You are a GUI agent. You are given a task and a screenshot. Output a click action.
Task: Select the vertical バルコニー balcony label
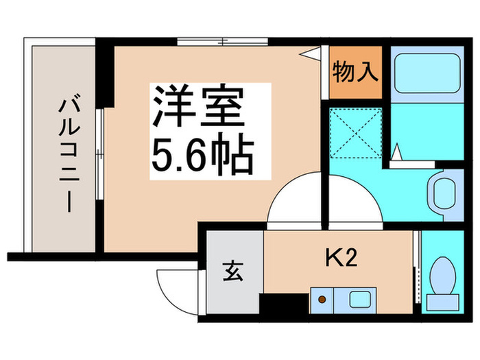point(67,154)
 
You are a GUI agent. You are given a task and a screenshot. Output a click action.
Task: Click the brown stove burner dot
point(321,298)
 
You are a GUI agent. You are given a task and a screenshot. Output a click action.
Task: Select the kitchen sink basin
point(359,299)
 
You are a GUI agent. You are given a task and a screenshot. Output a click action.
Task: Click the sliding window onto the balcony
point(99,156)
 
